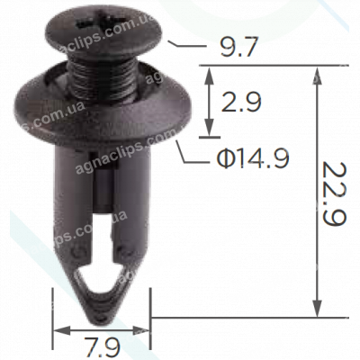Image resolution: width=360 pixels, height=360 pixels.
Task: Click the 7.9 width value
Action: click(102, 345)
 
